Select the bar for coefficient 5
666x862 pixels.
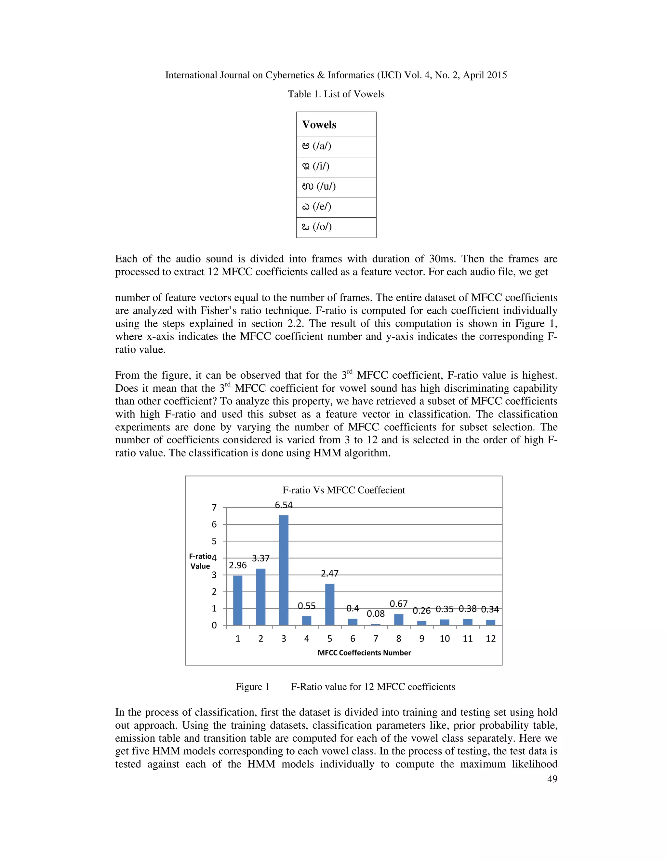329,604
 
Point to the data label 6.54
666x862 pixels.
284,505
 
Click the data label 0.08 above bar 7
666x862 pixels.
376,614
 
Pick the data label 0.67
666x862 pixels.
398,604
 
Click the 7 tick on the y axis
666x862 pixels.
214,507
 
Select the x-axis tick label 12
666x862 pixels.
490,639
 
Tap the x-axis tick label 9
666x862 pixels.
421,639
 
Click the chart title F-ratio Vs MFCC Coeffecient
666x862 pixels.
344,490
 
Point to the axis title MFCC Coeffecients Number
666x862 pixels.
364,653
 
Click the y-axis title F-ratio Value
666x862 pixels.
200,561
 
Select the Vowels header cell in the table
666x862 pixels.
336,125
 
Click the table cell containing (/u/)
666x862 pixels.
336,187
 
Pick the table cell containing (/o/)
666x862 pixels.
336,227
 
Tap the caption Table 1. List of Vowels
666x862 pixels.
336,94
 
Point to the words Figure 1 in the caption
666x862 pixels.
252,687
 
